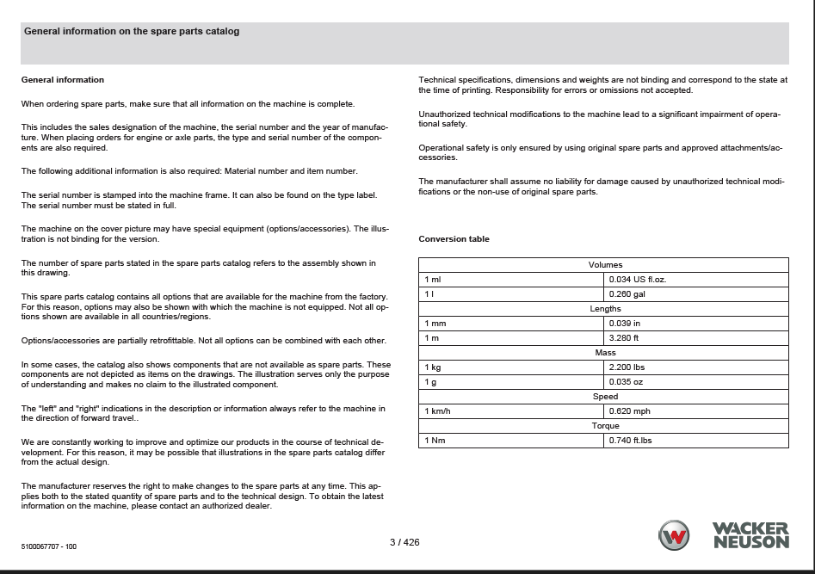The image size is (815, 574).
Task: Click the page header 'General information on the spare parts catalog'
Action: [132, 32]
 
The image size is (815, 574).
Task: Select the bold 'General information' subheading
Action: [62, 80]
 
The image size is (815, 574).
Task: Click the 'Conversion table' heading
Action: [454, 239]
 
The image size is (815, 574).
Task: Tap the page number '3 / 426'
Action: [404, 542]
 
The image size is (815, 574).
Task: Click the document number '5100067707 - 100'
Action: [49, 546]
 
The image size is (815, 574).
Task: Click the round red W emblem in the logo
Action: [674, 536]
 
